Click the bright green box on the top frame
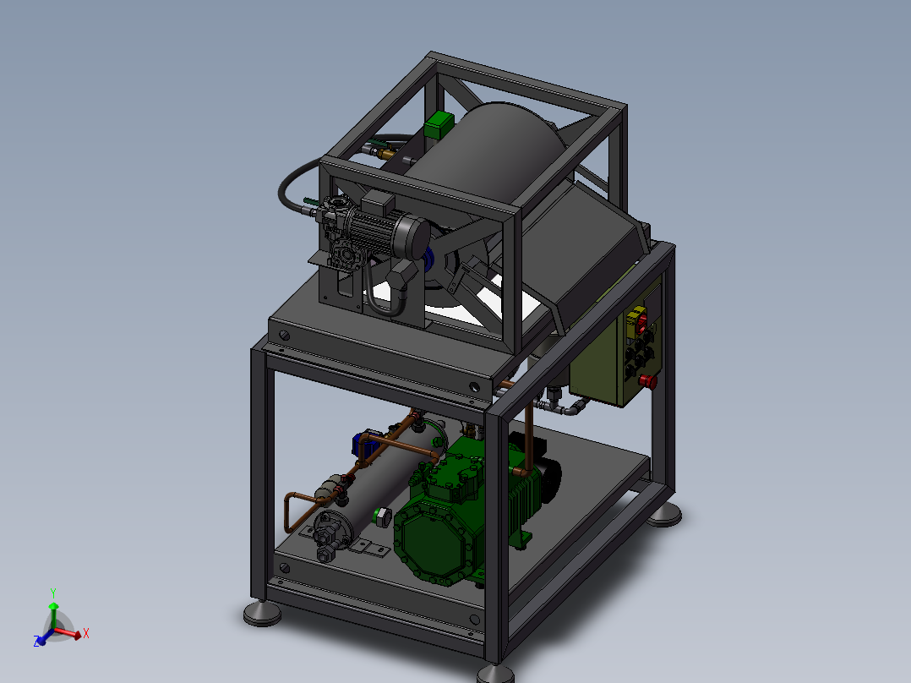[x=439, y=124]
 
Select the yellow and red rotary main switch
[x=640, y=320]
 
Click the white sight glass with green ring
[x=382, y=516]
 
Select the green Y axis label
[x=53, y=593]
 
